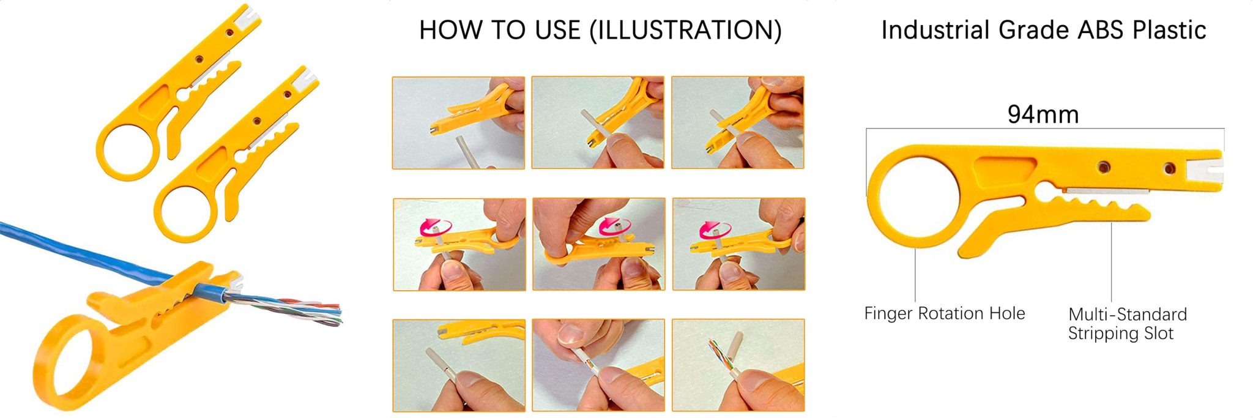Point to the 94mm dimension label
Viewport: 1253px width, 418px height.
click(1043, 114)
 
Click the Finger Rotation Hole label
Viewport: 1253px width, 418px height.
click(945, 313)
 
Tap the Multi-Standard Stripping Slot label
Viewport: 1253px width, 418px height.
click(1127, 324)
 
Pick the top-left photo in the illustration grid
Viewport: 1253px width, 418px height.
click(458, 122)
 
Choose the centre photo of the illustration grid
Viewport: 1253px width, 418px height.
click(598, 244)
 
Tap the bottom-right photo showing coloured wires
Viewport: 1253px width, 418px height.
click(738, 365)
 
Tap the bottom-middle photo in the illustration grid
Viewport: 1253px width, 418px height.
click(598, 365)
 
